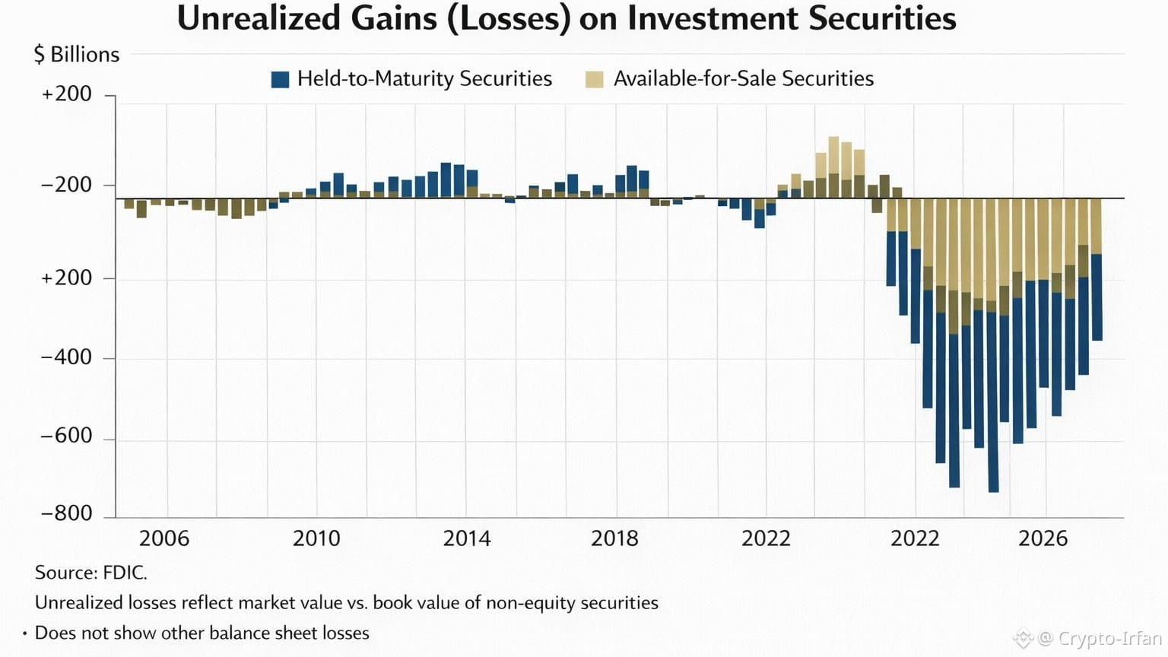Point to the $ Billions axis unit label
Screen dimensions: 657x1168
77,55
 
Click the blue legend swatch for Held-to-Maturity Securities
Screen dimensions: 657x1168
280,79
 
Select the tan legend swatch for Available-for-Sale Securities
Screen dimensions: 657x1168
594,79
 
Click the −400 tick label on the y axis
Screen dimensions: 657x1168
66,357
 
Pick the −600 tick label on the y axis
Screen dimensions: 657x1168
66,436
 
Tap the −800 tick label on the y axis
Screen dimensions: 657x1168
66,513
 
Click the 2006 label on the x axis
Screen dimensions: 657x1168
163,538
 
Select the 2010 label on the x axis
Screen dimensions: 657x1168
316,538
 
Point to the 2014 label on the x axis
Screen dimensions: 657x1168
467,538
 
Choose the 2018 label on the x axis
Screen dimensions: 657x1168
614,538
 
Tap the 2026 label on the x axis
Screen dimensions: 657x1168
1043,538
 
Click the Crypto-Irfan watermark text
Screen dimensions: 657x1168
1109,638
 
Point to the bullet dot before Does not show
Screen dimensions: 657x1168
24,633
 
